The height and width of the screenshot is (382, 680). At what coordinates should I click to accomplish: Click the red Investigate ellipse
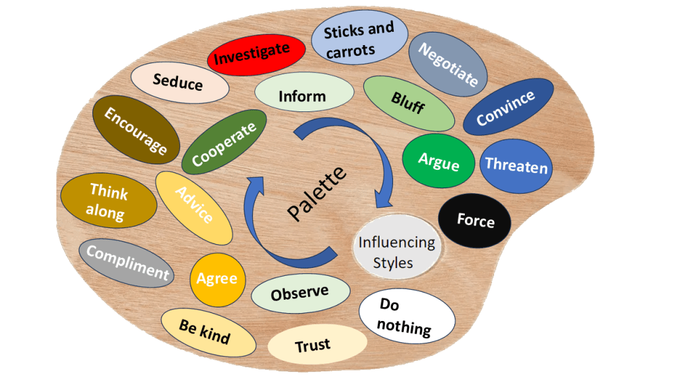[252, 52]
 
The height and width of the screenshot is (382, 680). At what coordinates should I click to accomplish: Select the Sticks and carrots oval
[359, 40]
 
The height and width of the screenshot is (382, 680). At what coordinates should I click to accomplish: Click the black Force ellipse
[475, 221]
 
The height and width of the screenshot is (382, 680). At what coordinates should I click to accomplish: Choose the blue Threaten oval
[516, 166]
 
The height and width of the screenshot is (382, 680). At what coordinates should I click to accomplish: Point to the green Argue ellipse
[438, 161]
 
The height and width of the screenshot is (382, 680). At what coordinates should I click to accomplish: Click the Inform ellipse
[302, 96]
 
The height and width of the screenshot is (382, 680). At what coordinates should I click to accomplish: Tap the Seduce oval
[177, 83]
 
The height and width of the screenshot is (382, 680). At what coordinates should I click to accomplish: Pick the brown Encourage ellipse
[136, 129]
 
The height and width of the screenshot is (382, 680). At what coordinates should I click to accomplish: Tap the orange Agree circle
[217, 279]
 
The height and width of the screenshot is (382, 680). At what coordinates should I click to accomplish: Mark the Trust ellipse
[317, 346]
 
